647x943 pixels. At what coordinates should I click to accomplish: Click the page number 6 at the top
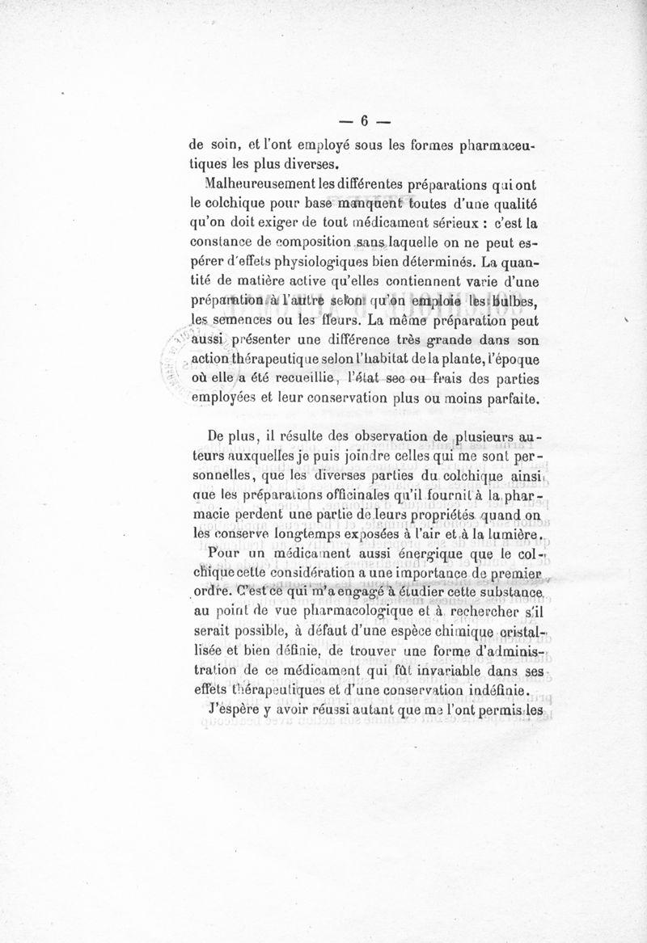pos(364,121)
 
